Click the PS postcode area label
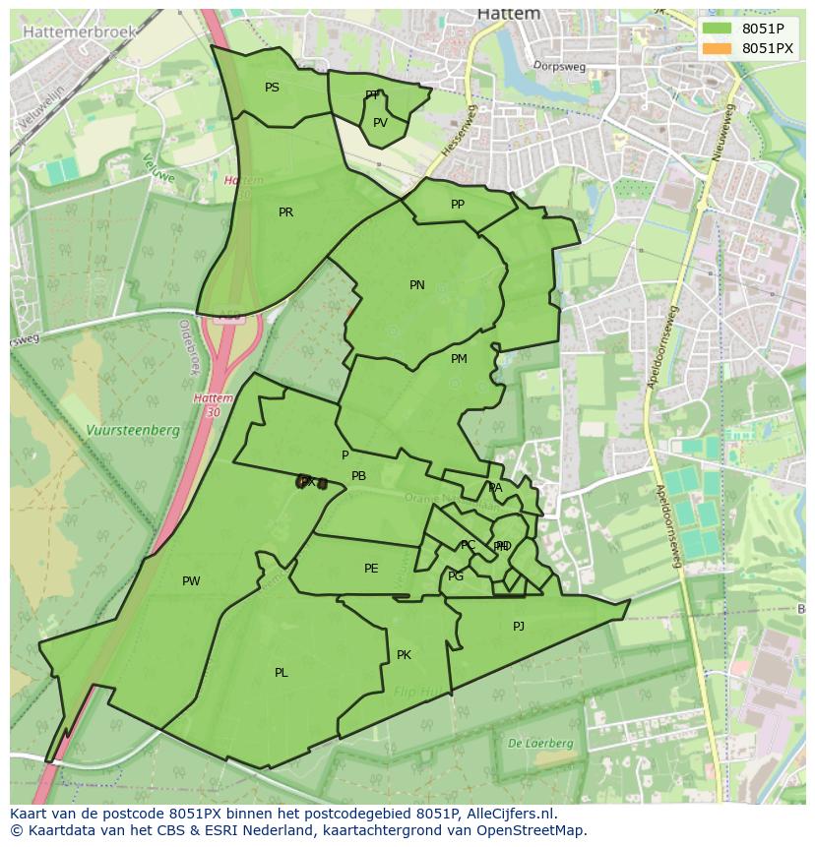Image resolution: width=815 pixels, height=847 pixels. click(x=272, y=88)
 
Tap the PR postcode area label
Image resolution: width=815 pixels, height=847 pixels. click(x=285, y=212)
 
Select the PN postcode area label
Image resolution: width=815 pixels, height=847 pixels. click(x=417, y=285)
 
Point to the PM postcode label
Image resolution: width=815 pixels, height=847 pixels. click(x=459, y=359)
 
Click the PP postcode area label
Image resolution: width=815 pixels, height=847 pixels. click(x=458, y=205)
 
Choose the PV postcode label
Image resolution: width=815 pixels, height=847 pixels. click(x=380, y=123)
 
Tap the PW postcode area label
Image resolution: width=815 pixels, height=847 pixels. click(x=191, y=581)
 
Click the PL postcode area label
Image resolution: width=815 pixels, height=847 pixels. click(x=282, y=673)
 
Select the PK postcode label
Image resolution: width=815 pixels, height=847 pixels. click(x=404, y=655)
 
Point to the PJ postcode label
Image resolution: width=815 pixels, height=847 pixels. click(x=519, y=626)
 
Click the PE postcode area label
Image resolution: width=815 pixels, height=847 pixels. click(x=371, y=569)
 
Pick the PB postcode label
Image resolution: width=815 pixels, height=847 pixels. click(x=359, y=476)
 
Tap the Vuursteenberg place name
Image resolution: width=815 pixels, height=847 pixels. click(x=132, y=430)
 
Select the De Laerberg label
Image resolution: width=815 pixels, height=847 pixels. click(x=540, y=744)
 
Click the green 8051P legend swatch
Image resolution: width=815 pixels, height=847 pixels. click(x=718, y=29)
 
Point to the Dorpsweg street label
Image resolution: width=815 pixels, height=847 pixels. click(x=559, y=67)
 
